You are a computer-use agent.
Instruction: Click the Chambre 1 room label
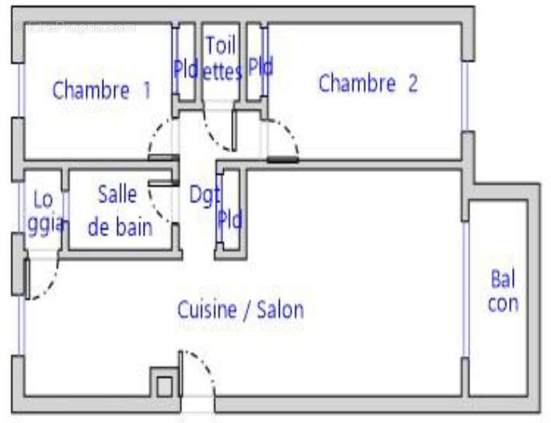pos(101,90)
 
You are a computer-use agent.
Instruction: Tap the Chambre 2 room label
pos(368,84)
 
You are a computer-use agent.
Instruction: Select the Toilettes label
pos(222,58)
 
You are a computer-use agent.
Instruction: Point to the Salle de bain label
pos(120,211)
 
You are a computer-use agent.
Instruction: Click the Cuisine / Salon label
pos(240,310)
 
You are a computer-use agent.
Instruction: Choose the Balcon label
pos(503,291)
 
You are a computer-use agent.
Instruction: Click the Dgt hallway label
pos(204,194)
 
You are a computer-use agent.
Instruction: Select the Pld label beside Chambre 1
pos(186,69)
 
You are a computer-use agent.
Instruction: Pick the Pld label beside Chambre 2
pos(260,68)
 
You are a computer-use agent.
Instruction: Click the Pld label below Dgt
pos(230,220)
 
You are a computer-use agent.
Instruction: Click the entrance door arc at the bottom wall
pos(204,369)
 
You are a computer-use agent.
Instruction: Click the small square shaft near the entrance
pos(164,386)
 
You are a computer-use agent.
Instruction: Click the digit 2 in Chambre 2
pos(412,84)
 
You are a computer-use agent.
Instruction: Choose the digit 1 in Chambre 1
pos(146,90)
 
